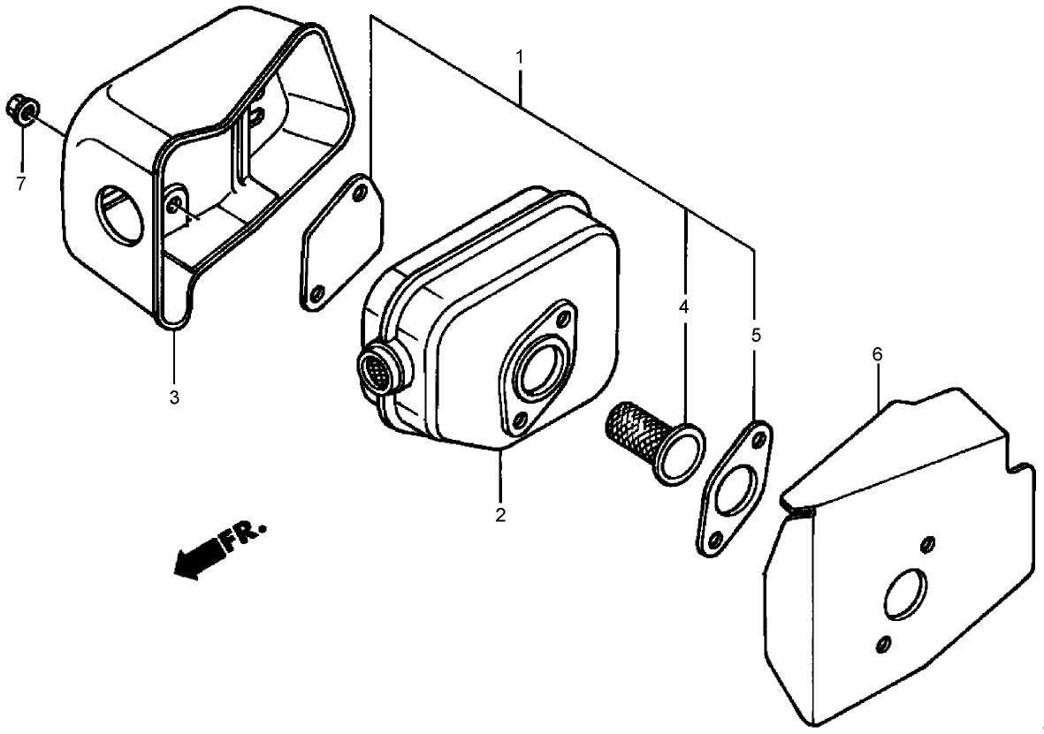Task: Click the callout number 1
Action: click(x=519, y=57)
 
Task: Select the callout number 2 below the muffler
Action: click(x=500, y=514)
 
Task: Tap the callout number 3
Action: click(x=174, y=397)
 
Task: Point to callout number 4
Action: click(x=684, y=306)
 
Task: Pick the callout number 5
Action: click(x=755, y=336)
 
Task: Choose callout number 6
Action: click(x=878, y=354)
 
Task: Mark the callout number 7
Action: click(x=21, y=183)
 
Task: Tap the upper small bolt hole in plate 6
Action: click(x=926, y=545)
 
